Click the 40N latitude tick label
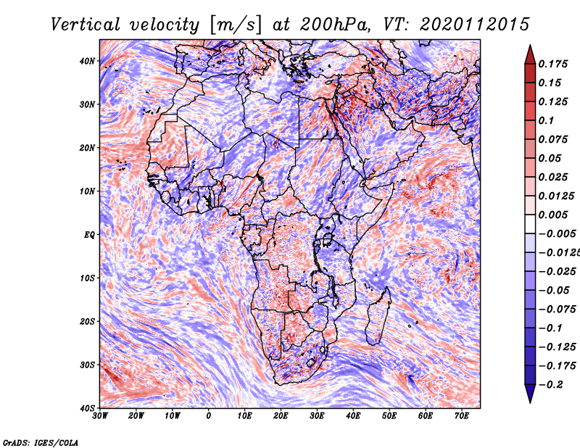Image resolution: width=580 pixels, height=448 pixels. (x=87, y=61)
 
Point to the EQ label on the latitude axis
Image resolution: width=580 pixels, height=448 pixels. (x=89, y=235)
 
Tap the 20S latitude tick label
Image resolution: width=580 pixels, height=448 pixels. (x=87, y=321)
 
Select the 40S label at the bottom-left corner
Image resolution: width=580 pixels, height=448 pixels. (x=87, y=408)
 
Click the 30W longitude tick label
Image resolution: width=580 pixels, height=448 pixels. (x=100, y=416)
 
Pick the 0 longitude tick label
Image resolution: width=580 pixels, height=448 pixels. (x=209, y=416)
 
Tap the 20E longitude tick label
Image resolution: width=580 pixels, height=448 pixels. (x=281, y=416)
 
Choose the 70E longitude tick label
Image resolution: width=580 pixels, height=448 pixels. (x=462, y=416)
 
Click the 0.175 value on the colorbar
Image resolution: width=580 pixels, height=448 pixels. (x=553, y=64)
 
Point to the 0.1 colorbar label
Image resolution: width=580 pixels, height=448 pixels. (x=547, y=120)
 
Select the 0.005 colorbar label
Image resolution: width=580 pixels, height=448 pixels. (x=553, y=215)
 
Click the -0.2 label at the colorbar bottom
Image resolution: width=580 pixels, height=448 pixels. (x=551, y=385)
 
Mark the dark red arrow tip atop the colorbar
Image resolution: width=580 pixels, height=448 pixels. (x=530, y=46)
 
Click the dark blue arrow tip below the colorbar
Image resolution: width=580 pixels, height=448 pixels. (x=530, y=402)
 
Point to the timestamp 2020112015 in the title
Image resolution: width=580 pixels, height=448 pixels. (x=475, y=25)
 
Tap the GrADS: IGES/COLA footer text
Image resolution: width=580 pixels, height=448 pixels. (x=41, y=443)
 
